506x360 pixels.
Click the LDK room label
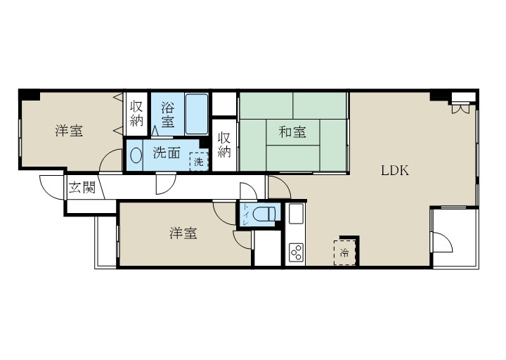pos(395,169)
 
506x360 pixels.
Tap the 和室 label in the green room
pos(292,131)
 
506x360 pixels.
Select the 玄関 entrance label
pos(82,188)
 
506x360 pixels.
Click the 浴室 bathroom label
pos(168,115)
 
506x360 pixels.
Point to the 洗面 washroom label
pos(167,154)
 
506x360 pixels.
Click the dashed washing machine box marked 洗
pos(199,161)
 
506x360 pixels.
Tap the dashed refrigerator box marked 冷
pos(345,252)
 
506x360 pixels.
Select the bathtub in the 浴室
pos(196,114)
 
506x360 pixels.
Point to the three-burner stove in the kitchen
pos(295,253)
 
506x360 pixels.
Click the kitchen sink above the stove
pos(295,213)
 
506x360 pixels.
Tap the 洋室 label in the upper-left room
pos(70,131)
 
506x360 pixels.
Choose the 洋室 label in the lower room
pos(183,233)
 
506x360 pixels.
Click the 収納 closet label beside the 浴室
pos(136,114)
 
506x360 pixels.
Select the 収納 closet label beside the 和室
pos(224,144)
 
